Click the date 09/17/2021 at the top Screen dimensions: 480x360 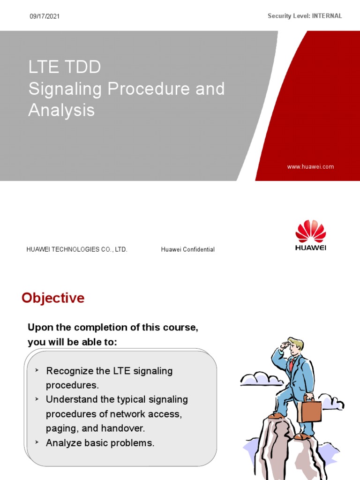coord(45,16)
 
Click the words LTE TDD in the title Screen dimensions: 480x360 coord(65,67)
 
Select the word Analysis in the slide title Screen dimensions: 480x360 coord(61,111)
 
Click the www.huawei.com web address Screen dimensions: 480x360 coord(310,166)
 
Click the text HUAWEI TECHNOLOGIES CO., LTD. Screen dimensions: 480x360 coord(77,249)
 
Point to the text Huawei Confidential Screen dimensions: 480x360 coord(187,249)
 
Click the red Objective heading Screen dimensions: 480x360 coord(53,298)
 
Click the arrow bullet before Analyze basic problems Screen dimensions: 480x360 coord(37,442)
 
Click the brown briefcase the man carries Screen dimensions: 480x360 coord(309,410)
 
